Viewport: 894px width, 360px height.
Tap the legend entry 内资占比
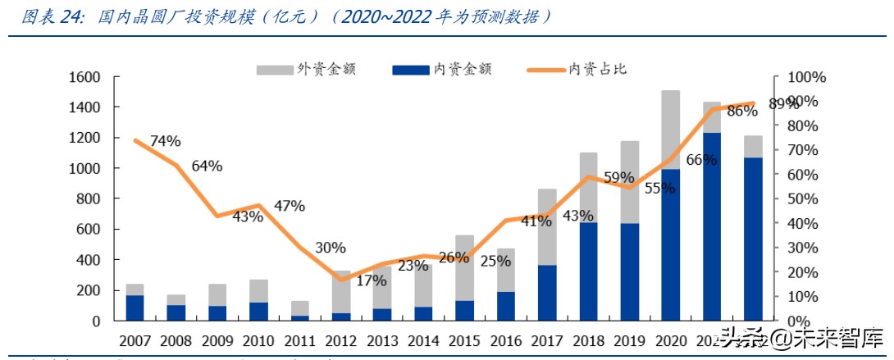597,70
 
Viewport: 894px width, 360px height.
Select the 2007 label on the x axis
135,339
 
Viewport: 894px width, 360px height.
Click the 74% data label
165,141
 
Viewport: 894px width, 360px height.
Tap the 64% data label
207,166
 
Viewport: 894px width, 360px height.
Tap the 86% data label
741,112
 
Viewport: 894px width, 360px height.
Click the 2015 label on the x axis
464,339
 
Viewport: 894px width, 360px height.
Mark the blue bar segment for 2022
752,238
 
